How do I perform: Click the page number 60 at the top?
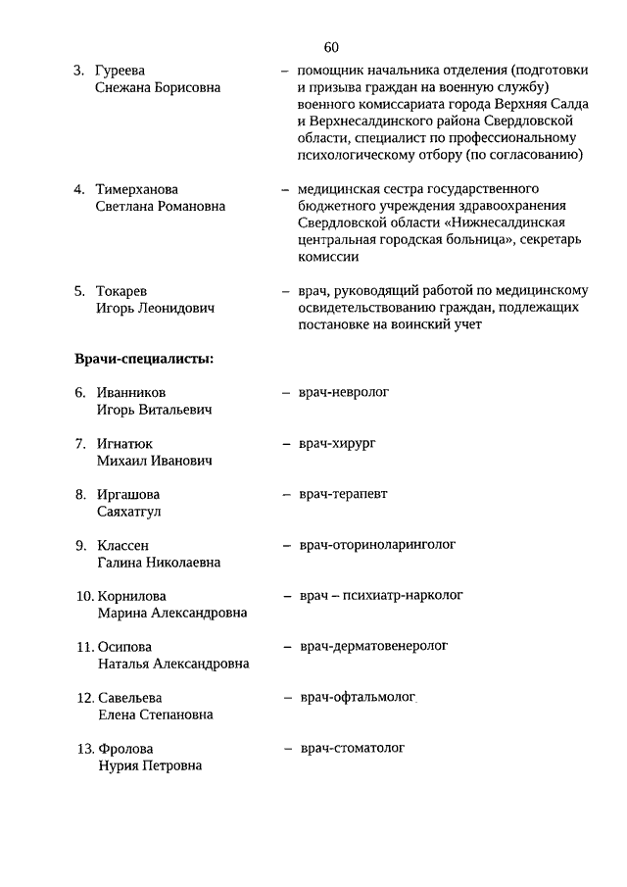coord(330,47)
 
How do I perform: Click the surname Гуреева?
coord(121,71)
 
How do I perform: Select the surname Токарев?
coord(122,290)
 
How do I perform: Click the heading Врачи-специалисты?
coord(144,359)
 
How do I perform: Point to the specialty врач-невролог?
coord(344,391)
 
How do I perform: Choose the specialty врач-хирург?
coord(338,443)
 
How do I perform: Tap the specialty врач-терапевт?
coord(344,494)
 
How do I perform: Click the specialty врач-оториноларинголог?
coord(377,544)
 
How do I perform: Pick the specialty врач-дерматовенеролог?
coord(373,646)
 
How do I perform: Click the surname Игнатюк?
coord(124,443)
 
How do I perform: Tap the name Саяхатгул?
coord(129,512)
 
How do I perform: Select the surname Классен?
coord(123,545)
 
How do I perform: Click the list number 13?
coord(84,749)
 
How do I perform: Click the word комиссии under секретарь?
coord(328,257)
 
